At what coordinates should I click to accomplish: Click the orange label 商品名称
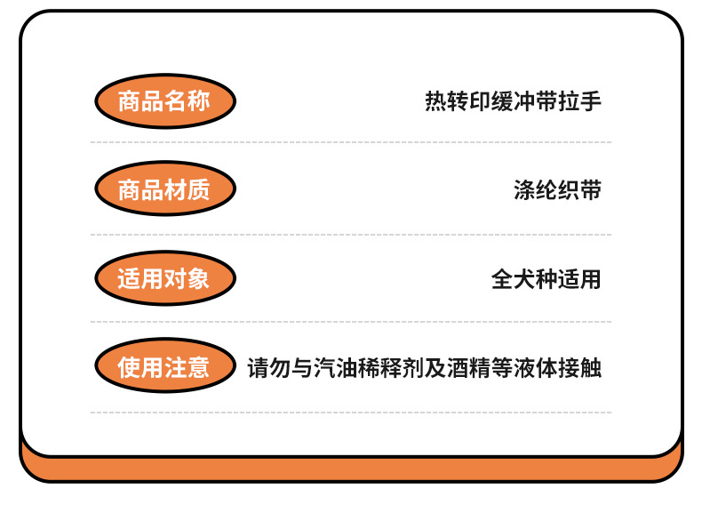[164, 101]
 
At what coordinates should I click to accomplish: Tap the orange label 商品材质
[164, 189]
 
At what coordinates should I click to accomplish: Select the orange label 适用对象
[164, 278]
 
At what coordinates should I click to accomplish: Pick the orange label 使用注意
[164, 366]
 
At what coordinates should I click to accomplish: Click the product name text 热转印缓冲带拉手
[513, 101]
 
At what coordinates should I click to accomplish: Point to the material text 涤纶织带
[557, 190]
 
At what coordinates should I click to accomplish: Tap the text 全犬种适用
[546, 279]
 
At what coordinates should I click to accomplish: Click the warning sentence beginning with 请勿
[425, 367]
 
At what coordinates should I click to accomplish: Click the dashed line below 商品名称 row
[350, 142]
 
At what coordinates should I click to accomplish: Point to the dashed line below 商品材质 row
[350, 235]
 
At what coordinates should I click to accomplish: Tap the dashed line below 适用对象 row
[350, 322]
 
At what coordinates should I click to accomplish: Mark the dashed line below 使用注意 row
[350, 412]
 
